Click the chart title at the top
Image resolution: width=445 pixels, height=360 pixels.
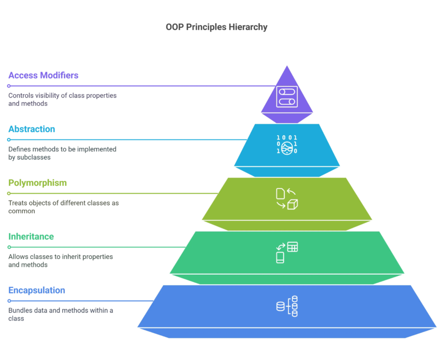click(x=216, y=28)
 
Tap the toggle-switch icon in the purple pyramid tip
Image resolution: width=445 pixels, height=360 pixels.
click(x=287, y=98)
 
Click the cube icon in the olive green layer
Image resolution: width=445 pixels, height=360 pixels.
click(x=293, y=204)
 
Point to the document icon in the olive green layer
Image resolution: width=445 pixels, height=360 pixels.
click(x=281, y=194)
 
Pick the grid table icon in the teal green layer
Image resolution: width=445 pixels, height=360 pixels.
click(x=292, y=246)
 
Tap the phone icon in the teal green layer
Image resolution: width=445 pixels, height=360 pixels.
click(x=280, y=257)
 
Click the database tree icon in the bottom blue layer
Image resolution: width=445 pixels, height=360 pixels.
click(x=288, y=306)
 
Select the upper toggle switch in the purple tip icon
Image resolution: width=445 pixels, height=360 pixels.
click(x=287, y=92)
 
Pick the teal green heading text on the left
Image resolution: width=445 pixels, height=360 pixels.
click(x=29, y=238)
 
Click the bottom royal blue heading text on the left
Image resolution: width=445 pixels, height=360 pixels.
click(x=35, y=293)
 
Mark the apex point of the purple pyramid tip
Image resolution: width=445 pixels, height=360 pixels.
click(x=287, y=65)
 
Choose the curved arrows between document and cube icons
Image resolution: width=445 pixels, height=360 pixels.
click(x=286, y=199)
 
